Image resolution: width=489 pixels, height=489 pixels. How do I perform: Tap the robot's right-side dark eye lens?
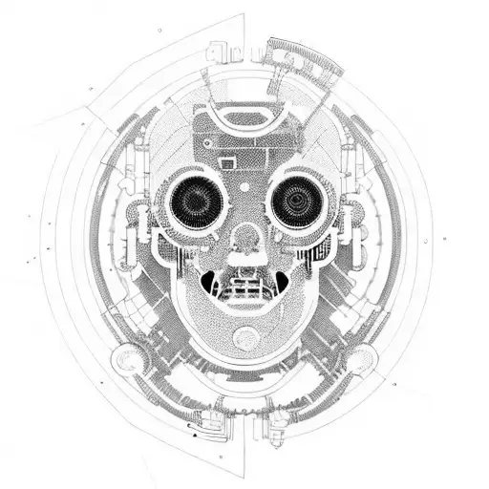pyautogui.click(x=297, y=202)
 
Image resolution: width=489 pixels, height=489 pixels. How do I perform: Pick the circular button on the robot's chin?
pyautogui.click(x=246, y=336)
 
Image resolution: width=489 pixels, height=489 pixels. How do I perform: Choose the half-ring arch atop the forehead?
pyautogui.click(x=247, y=120)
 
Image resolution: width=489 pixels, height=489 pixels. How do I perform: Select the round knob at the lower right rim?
pyautogui.click(x=361, y=359)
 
